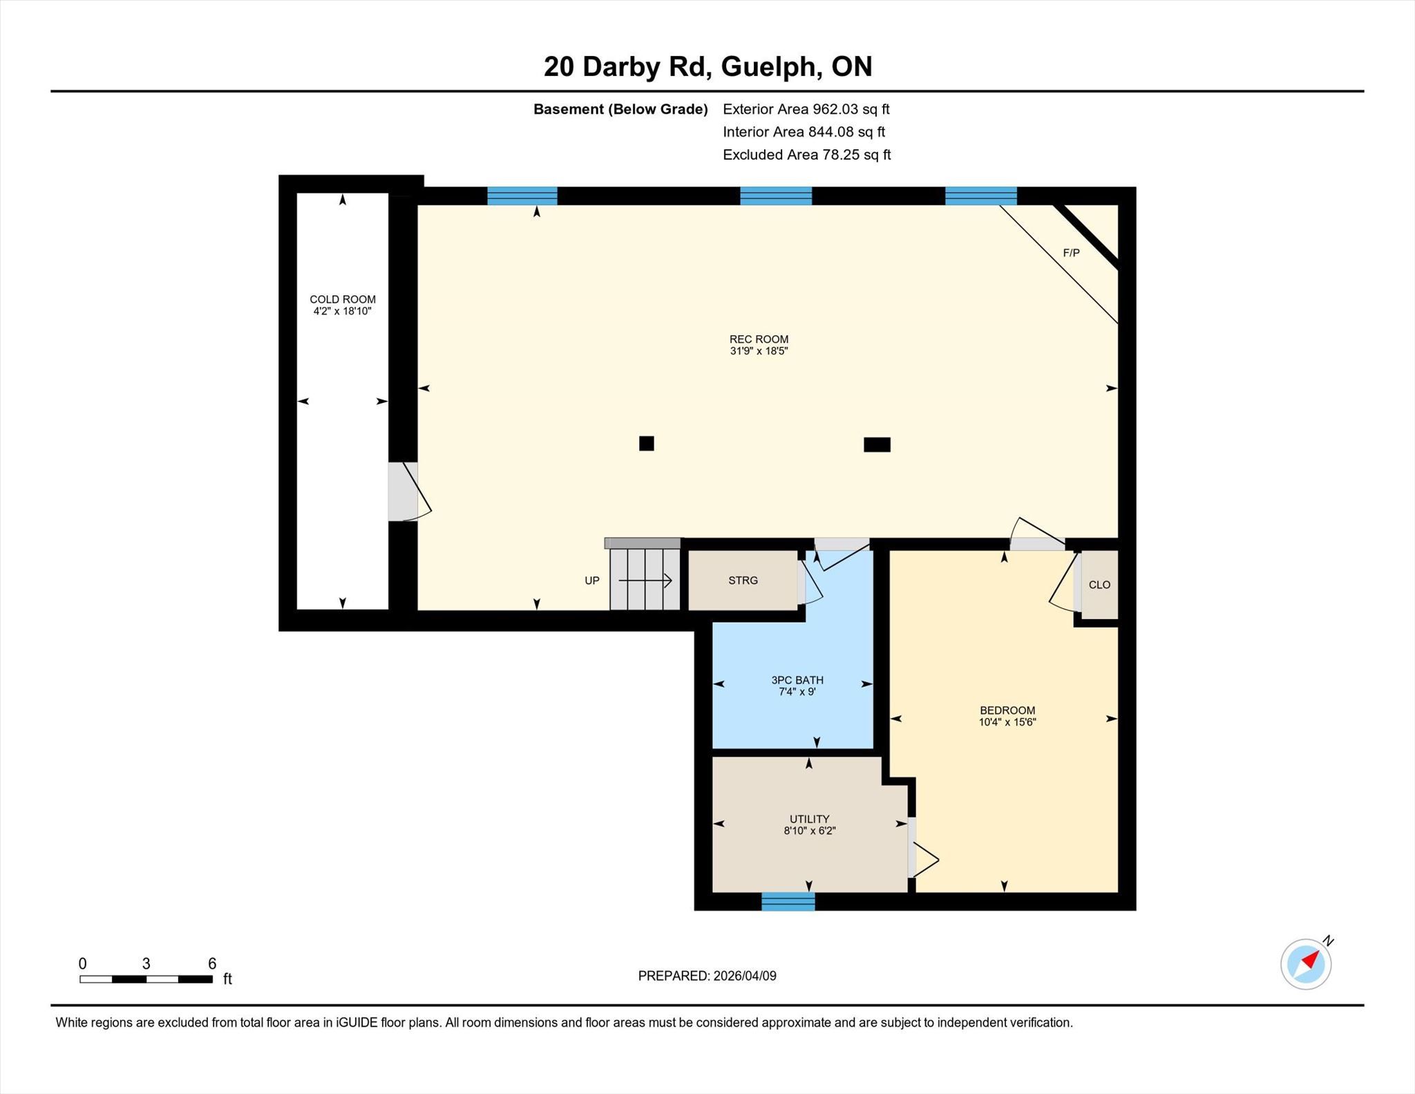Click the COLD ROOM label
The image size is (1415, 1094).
click(x=343, y=299)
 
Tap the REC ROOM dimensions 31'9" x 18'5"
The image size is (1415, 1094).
click(x=759, y=351)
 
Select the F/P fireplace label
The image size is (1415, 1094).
click(x=1071, y=253)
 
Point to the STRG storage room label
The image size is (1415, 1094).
click(x=743, y=581)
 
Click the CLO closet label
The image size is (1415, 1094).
click(x=1099, y=585)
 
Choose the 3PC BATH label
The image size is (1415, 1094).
click(x=797, y=680)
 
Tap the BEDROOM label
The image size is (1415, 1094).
click(x=1007, y=710)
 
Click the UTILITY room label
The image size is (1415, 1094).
click(x=809, y=819)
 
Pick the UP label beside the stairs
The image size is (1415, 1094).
click(x=592, y=581)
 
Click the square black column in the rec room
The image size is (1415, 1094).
click(x=647, y=444)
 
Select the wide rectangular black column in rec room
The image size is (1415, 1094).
click(x=877, y=444)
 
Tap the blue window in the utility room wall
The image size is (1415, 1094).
click(x=788, y=901)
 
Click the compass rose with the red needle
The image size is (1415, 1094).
click(x=1306, y=963)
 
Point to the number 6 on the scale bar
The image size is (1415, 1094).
click(x=212, y=963)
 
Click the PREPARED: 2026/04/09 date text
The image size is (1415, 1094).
click(x=707, y=976)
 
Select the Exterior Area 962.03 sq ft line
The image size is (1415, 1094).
click(x=806, y=109)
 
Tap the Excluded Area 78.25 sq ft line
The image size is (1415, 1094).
click(x=806, y=155)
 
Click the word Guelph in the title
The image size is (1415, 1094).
click(x=772, y=68)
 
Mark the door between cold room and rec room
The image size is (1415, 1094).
click(x=410, y=491)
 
